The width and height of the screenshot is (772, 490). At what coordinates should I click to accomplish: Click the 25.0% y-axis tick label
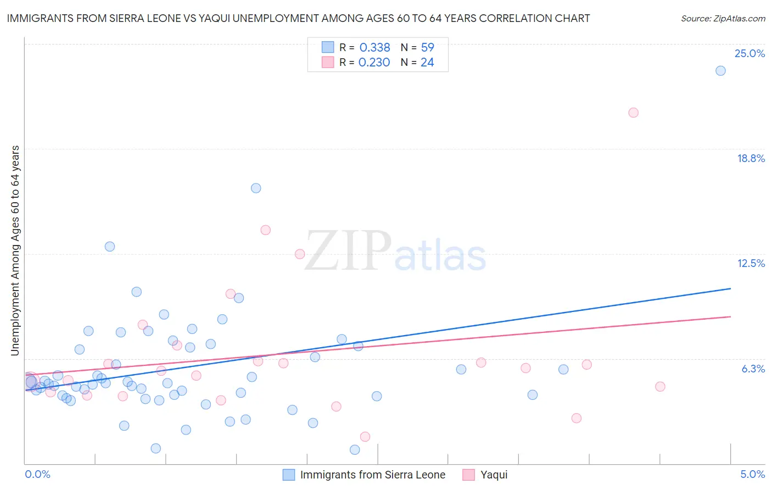[749, 53]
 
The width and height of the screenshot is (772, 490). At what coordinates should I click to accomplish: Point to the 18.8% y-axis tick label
[751, 158]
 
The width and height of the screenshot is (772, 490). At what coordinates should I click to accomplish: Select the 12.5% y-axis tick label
[751, 263]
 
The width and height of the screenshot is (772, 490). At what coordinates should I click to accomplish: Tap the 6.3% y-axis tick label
[753, 369]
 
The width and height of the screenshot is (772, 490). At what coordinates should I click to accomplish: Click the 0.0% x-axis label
[37, 474]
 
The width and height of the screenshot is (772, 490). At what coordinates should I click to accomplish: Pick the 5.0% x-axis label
[752, 474]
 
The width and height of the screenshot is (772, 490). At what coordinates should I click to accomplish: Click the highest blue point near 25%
[720, 71]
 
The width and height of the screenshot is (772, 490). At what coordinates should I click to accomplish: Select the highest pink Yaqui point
[633, 113]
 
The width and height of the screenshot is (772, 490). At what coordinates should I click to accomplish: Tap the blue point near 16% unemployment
[256, 188]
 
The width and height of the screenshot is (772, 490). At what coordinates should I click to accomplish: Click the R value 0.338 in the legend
[374, 47]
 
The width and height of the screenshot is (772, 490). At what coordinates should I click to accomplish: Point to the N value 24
[427, 63]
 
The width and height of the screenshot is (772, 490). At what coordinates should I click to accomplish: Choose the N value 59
[427, 47]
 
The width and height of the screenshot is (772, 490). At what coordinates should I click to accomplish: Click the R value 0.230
[374, 63]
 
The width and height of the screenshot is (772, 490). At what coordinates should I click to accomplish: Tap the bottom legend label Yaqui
[494, 475]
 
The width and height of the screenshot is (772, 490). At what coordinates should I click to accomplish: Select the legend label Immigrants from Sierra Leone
[372, 475]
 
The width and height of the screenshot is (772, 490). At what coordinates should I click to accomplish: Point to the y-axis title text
[15, 250]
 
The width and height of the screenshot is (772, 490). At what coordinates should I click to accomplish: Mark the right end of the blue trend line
[730, 288]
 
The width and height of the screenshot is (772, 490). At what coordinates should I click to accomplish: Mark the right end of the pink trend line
[730, 316]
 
